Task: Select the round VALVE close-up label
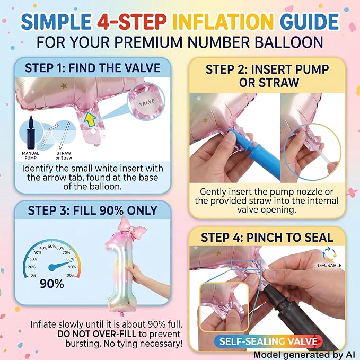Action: [x=146, y=102]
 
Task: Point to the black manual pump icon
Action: [x=31, y=133]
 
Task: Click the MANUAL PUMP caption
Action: [x=31, y=155]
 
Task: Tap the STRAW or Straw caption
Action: [x=64, y=155]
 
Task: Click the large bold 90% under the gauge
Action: [x=52, y=284]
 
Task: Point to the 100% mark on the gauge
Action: [x=70, y=275]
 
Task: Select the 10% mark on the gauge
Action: [x=32, y=275]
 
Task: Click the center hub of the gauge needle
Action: [x=52, y=267]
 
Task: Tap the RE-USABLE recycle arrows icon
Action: [x=329, y=254]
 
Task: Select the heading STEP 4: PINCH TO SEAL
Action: [x=267, y=238]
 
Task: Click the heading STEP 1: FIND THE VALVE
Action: [x=93, y=68]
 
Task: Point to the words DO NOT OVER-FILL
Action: [x=96, y=334]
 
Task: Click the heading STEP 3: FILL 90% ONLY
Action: [x=93, y=210]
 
